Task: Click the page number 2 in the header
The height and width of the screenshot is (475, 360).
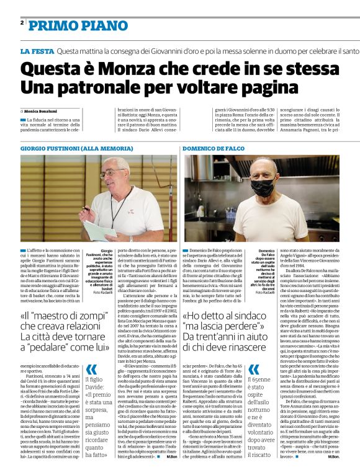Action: pos(22,22)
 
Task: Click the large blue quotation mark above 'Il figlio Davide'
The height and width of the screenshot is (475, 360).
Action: pos(91,353)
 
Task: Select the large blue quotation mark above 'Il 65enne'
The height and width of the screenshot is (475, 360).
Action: pos(254,353)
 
